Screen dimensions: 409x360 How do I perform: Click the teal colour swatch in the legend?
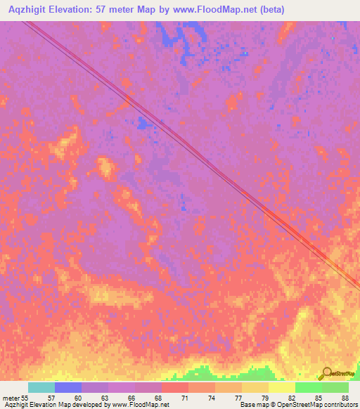click(41, 387)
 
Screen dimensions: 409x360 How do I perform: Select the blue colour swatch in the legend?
click(68, 387)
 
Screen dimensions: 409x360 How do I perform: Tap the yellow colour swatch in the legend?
click(282, 387)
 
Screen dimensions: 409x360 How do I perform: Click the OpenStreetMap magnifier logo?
click(326, 373)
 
